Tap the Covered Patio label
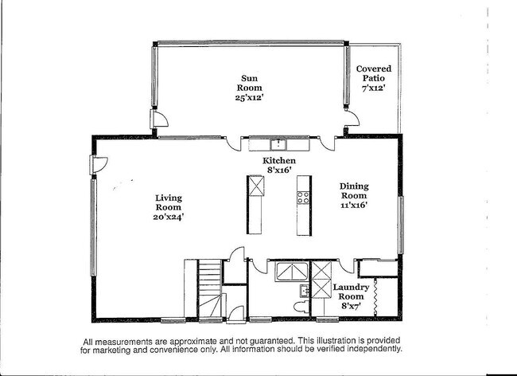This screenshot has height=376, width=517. click(x=373, y=78)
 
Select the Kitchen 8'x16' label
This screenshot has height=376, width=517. click(x=279, y=165)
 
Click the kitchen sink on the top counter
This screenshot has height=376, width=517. click(x=278, y=144)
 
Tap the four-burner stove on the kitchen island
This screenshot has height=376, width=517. click(x=303, y=198)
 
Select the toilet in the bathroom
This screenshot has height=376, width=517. click(x=302, y=306)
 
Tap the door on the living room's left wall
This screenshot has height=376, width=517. click(x=98, y=165)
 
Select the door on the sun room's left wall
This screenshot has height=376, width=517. click(x=158, y=120)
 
